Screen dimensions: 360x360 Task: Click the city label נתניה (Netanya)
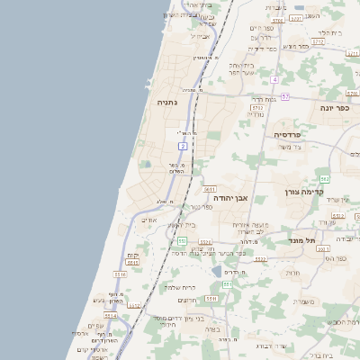pos(167,103)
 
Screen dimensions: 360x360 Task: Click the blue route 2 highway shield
pos(183,145)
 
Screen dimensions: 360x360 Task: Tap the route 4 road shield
pos(274,80)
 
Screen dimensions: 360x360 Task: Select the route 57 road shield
pos(285,96)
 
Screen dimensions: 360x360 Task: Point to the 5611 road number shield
pos(209,190)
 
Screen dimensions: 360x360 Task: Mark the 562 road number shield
pos(324,179)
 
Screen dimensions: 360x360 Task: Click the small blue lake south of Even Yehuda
pos(218,272)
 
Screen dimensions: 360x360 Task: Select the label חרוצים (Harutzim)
pos(187,301)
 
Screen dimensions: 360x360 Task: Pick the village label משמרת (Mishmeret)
pos(303,302)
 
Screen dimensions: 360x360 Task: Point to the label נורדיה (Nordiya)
pos(256,114)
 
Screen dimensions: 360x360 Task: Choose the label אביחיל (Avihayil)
pos(202,36)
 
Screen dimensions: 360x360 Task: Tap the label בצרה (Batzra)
pos(212,328)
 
